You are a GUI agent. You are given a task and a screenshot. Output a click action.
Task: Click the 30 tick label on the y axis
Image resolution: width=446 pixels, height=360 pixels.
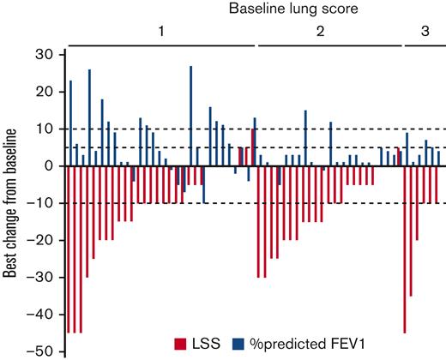click(45, 54)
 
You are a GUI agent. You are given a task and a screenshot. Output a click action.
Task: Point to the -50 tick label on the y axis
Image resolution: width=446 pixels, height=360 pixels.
click(40, 351)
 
